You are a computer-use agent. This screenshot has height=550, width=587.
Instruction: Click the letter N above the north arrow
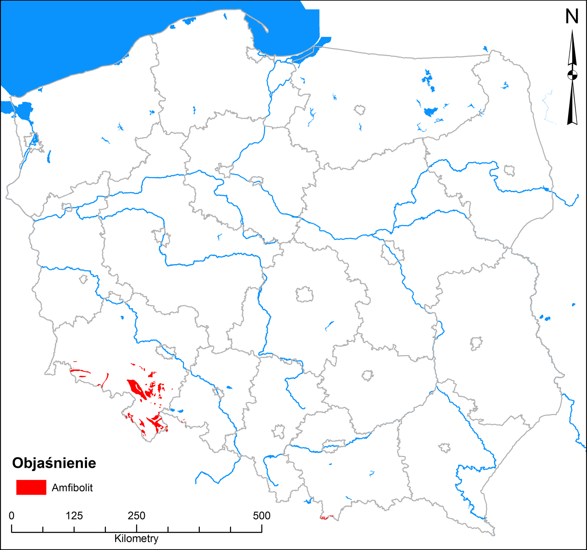pyautogui.click(x=572, y=16)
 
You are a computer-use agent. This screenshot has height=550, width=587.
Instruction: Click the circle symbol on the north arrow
pyautogui.click(x=572, y=75)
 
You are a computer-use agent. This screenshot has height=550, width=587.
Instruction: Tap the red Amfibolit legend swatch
pyautogui.click(x=31, y=487)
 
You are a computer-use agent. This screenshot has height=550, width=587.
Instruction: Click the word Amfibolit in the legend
pyautogui.click(x=72, y=488)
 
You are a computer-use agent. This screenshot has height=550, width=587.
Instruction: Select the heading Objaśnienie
pyautogui.click(x=54, y=463)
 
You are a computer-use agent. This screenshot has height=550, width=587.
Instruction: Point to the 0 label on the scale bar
pyautogui.click(x=12, y=516)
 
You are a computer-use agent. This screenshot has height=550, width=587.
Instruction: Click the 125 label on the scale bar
pyautogui.click(x=74, y=516)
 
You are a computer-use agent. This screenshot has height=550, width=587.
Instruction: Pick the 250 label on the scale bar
pyautogui.click(x=137, y=516)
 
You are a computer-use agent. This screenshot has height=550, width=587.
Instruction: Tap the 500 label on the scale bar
pyautogui.click(x=262, y=516)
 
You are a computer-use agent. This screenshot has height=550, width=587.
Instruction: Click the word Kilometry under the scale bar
pyautogui.click(x=136, y=539)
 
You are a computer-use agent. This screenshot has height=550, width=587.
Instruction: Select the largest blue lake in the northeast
pyautogui.click(x=430, y=112)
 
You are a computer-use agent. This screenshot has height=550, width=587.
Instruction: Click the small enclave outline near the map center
pyautogui.click(x=305, y=295)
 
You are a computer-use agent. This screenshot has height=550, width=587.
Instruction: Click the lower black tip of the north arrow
pyautogui.click(x=572, y=123)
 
